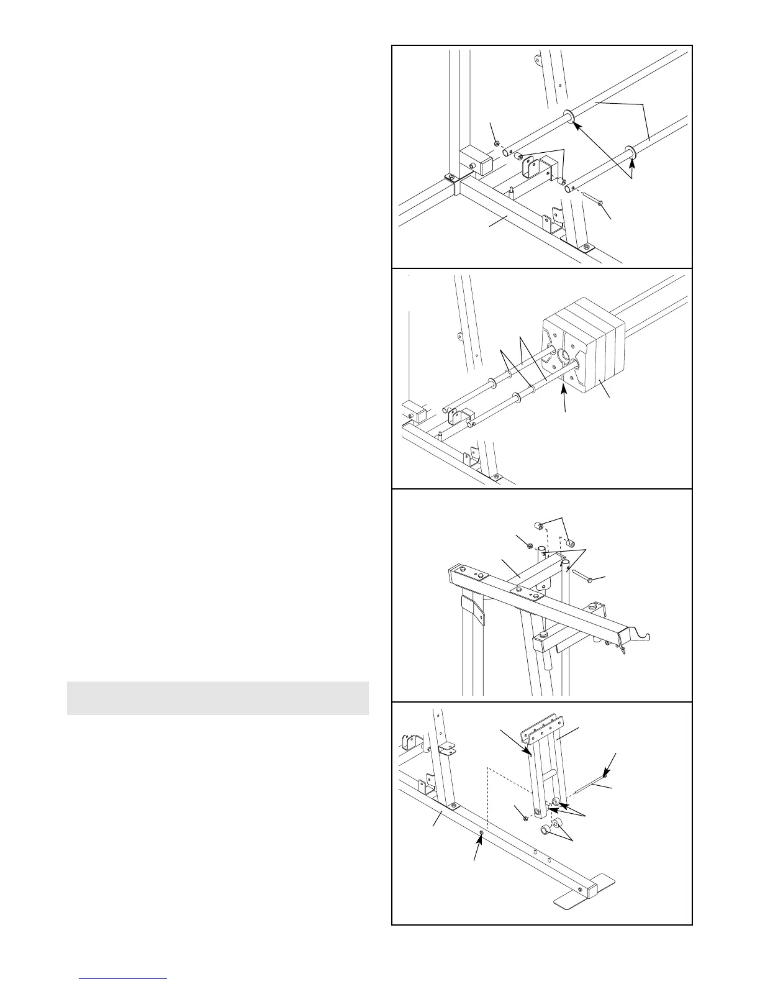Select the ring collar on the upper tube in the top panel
point(568,116)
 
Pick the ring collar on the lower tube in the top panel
point(629,150)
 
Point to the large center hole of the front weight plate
point(564,355)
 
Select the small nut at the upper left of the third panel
point(530,545)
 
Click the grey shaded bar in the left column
point(217,698)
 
